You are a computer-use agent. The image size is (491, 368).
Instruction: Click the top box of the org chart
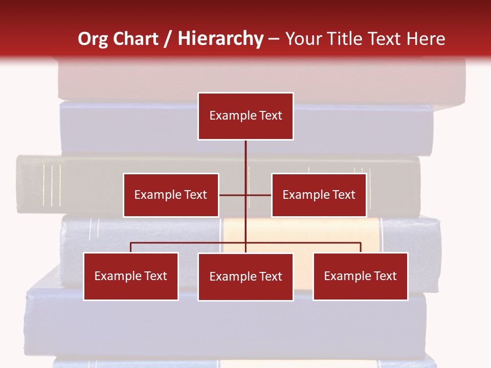[245, 116]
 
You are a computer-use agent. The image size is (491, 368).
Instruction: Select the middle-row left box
[171, 195]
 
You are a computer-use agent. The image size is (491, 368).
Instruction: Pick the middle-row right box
[319, 195]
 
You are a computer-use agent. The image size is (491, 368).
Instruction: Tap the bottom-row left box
[131, 276]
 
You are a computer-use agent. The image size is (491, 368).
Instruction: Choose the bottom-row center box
[245, 277]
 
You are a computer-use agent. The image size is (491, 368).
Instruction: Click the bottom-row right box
[360, 276]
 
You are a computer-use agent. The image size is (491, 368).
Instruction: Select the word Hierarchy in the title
[220, 39]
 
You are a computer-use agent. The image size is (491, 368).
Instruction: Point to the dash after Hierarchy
[274, 39]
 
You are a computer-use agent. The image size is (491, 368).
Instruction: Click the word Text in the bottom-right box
[385, 276]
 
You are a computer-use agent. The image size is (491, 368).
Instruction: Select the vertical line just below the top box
[245, 153]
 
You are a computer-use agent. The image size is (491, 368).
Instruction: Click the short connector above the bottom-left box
[131, 247]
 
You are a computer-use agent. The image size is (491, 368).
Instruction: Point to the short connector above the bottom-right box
[361, 247]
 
